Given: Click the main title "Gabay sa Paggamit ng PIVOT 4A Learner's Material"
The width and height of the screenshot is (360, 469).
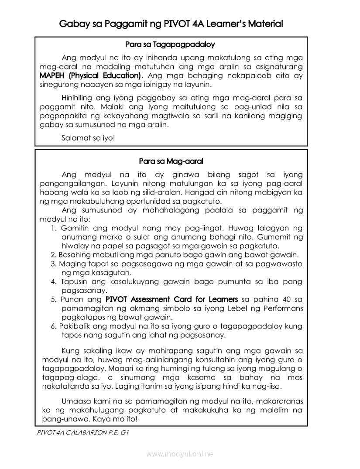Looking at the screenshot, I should [171, 24].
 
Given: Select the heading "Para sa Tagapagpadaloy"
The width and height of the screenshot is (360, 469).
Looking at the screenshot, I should [170, 45].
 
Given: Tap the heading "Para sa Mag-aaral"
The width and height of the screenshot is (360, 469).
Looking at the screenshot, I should [171, 161].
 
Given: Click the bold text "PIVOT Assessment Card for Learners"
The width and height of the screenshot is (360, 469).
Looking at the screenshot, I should [171, 300].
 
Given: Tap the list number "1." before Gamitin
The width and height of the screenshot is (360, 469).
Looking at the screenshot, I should [54, 228].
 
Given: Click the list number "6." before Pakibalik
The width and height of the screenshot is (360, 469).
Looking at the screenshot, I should [54, 326].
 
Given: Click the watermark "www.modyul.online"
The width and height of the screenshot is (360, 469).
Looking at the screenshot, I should [180, 454].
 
